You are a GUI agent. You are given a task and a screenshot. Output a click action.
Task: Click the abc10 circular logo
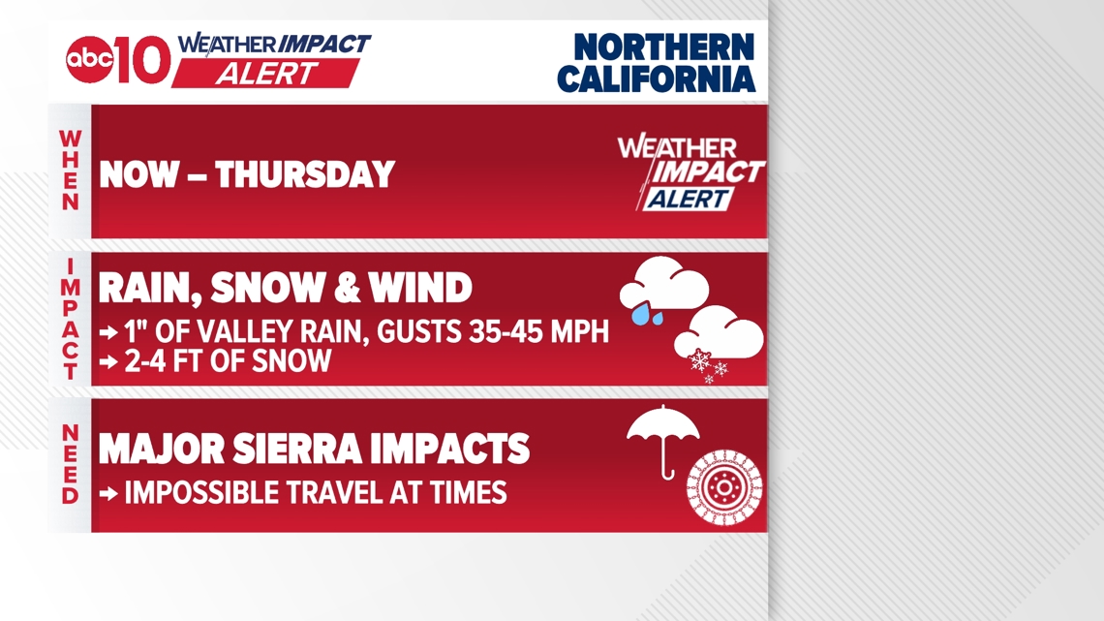click(90, 60)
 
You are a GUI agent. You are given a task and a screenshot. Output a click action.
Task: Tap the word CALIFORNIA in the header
click(656, 78)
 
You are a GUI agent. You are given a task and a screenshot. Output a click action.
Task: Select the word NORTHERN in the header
click(663, 46)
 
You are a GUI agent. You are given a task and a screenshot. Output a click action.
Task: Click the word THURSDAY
click(305, 175)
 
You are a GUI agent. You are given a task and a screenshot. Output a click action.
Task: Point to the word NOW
click(139, 175)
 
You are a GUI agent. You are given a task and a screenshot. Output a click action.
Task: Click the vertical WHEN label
click(71, 171)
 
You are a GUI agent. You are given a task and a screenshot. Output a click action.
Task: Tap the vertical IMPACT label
click(71, 320)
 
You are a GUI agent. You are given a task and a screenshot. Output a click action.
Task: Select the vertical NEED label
click(71, 465)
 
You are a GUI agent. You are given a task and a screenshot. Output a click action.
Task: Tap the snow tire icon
click(724, 486)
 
